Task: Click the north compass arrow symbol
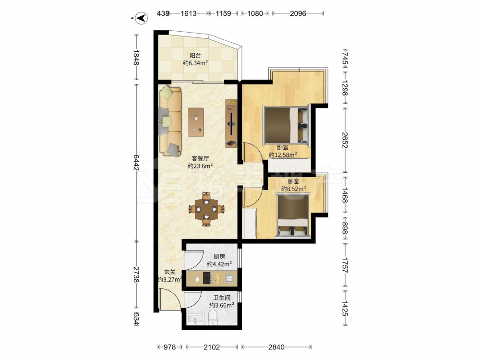point(142,18)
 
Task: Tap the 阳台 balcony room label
point(195,55)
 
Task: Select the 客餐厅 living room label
point(200,158)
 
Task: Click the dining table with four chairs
point(206,209)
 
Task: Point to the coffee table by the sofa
point(196,122)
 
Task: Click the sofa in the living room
point(170,121)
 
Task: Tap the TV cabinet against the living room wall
point(231,123)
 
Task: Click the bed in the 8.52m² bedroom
point(293,216)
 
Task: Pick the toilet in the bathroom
point(213,317)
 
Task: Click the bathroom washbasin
point(194,319)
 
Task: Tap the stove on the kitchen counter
point(207,278)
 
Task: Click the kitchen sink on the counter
point(229,278)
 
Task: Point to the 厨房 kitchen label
point(219,256)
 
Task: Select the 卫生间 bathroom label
point(222,298)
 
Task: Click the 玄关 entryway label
point(170,272)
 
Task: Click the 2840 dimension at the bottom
point(276,347)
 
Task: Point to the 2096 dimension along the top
point(298,13)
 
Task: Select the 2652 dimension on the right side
point(345,140)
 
